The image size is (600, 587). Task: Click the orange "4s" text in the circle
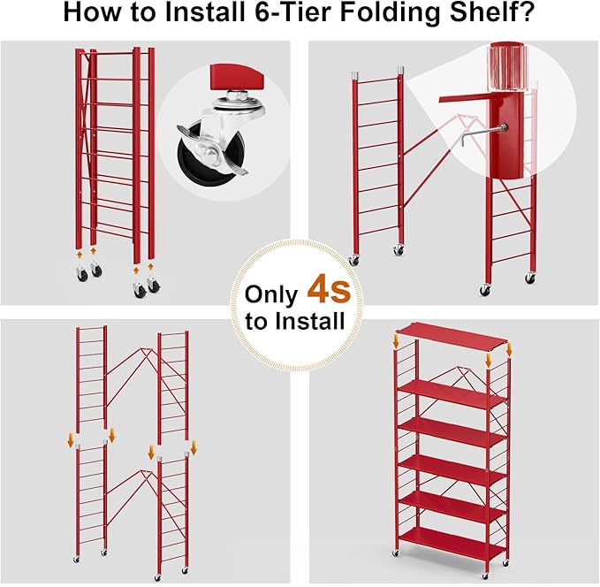click(x=328, y=290)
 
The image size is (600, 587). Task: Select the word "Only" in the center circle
click(x=272, y=293)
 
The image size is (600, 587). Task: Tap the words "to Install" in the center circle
click(x=295, y=322)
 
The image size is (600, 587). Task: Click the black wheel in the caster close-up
click(x=198, y=158)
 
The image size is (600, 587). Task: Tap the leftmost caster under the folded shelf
click(x=82, y=275)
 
